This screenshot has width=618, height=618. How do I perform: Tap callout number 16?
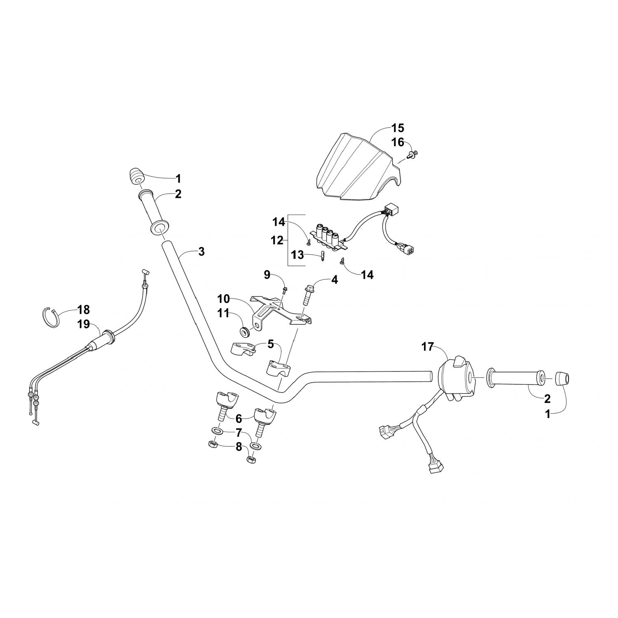pyautogui.click(x=398, y=142)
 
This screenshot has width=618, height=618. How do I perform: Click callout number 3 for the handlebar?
pyautogui.click(x=201, y=251)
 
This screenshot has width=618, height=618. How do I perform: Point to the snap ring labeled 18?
pyautogui.click(x=51, y=317)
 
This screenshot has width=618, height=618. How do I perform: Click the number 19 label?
pyautogui.click(x=84, y=324)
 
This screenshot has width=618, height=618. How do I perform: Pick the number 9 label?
pyautogui.click(x=267, y=274)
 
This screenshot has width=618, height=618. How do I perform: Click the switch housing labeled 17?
pyautogui.click(x=455, y=377)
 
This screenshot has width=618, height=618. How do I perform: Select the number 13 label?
pyautogui.click(x=297, y=255)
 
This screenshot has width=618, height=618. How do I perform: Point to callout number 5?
pyautogui.click(x=270, y=344)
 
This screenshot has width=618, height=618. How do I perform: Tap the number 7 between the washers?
pyautogui.click(x=239, y=433)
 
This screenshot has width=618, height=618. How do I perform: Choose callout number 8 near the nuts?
pyautogui.click(x=239, y=447)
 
